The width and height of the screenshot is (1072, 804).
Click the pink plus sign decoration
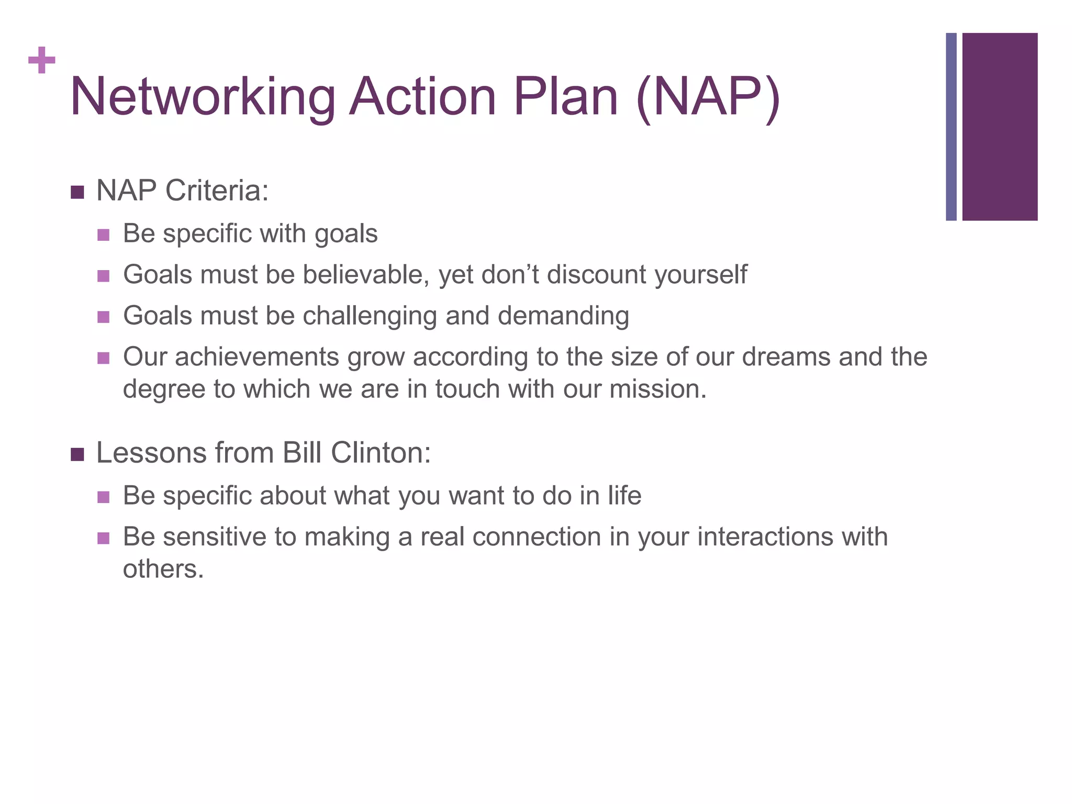point(42,60)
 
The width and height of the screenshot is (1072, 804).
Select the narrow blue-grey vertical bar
point(951,127)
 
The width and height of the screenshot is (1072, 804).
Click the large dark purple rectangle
point(1000,127)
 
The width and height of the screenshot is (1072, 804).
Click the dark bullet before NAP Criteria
point(77,192)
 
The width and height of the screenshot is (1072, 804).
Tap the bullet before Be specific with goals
point(104,234)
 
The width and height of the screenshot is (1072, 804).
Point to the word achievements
point(257,357)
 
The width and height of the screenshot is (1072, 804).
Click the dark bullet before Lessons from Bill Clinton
point(77,454)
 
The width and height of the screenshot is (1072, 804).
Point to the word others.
point(163,569)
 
